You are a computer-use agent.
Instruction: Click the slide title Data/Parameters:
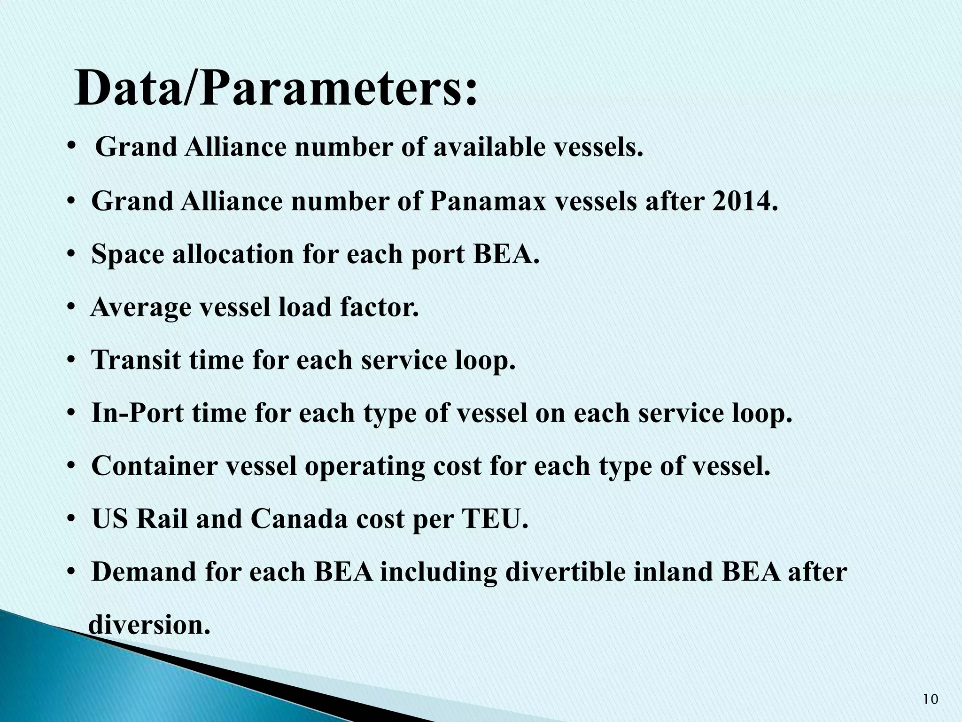tap(276, 88)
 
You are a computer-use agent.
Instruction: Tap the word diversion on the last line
tap(149, 625)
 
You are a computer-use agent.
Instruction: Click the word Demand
tap(143, 572)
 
